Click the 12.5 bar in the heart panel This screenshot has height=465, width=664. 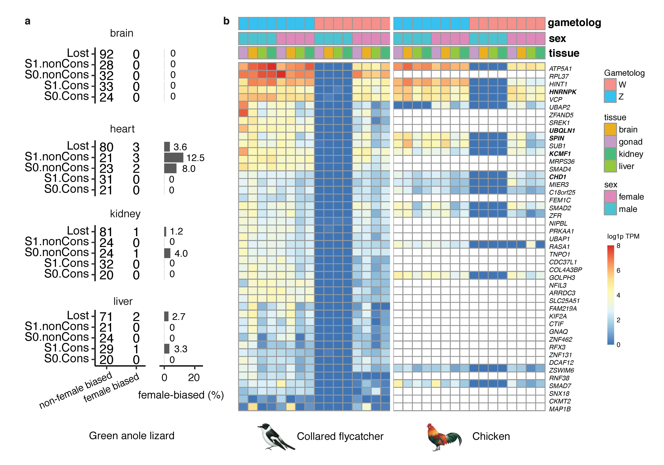(x=174, y=157)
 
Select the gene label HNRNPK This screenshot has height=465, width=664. (x=562, y=92)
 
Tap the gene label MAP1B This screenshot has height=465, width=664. (x=560, y=409)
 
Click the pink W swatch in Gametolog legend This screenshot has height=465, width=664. (x=610, y=84)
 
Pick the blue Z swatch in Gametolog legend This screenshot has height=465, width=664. (x=610, y=97)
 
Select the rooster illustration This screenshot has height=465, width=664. (x=444, y=436)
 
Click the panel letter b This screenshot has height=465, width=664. (x=226, y=21)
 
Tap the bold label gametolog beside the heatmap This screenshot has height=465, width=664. (x=574, y=23)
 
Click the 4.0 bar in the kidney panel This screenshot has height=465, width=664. (x=167, y=253)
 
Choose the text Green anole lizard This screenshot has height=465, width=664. (x=132, y=435)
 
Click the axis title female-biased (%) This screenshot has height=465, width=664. (x=181, y=395)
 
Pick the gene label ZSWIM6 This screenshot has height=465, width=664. (x=561, y=370)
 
